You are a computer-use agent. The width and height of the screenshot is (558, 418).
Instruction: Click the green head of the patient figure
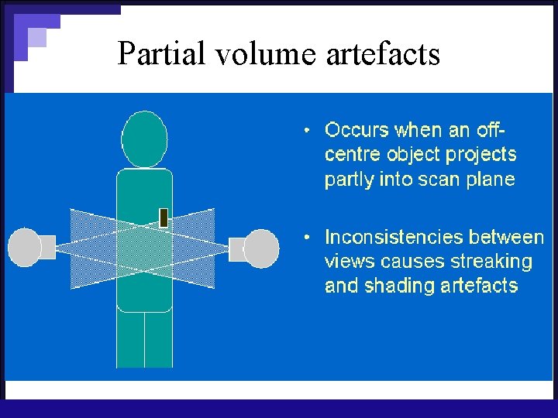coord(144,139)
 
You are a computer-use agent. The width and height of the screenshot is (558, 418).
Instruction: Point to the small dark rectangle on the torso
coord(164,218)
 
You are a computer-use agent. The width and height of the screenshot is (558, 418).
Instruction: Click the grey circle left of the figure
coord(24,248)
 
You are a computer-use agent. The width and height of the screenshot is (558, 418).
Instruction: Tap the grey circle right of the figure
coord(262,248)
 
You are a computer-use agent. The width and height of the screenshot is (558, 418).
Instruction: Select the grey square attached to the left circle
coord(47,248)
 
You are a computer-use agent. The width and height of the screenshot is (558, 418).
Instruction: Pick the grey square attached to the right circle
coord(238,248)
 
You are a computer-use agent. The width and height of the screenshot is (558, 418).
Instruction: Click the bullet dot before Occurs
coord(308,128)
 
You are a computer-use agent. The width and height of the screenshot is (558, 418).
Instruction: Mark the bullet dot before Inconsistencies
coord(308,236)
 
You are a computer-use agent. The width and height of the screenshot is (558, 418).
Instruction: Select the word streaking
coord(495,262)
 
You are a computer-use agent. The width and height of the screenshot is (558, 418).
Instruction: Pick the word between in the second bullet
coord(510,236)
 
